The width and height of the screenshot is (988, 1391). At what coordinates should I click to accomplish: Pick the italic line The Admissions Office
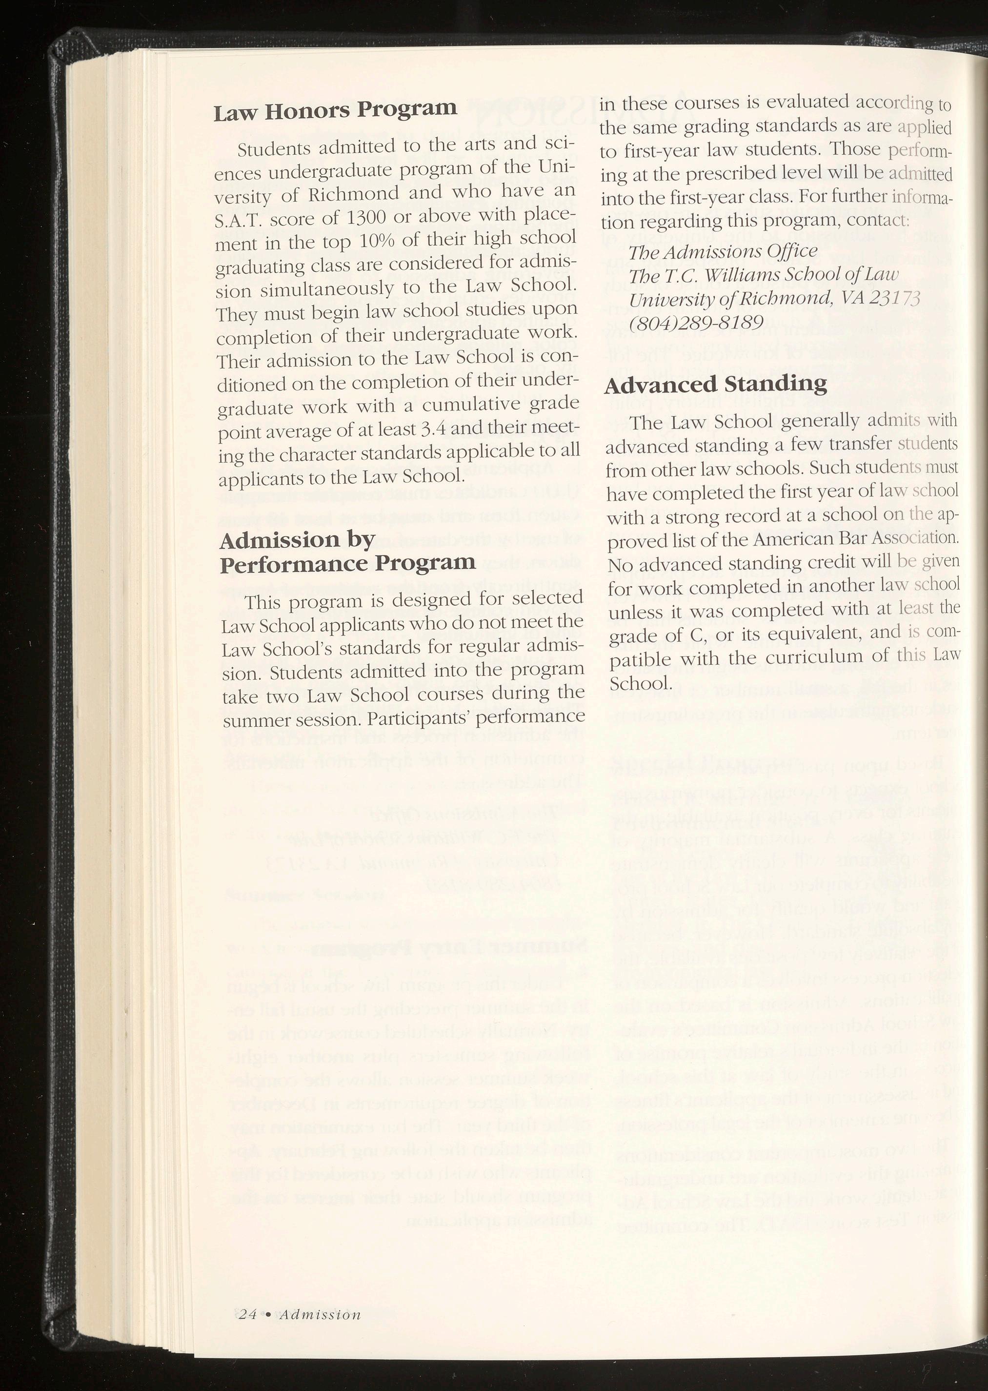tap(723, 251)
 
